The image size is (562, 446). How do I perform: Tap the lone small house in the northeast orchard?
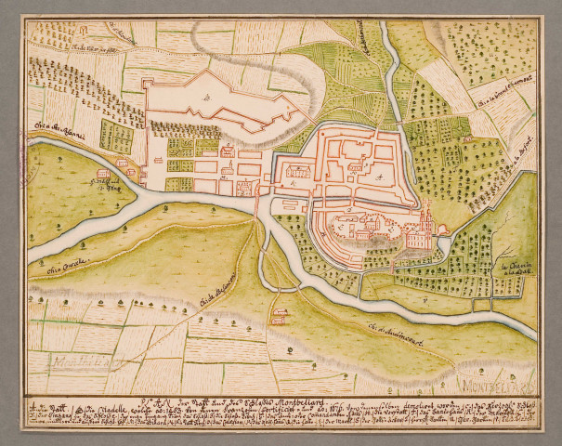468,138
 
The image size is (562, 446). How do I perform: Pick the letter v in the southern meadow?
425,300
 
